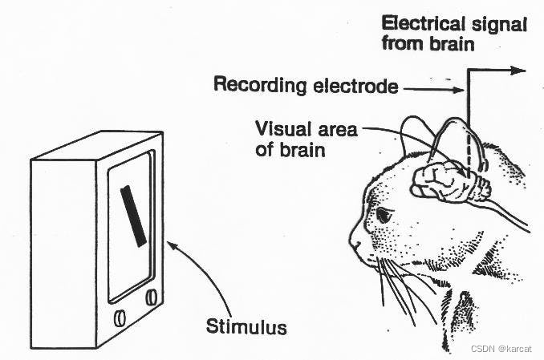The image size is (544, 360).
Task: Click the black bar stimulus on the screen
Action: click(133, 214)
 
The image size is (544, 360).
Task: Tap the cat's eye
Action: click(383, 215)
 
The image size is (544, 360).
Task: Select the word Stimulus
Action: click(246, 327)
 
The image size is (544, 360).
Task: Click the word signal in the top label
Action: click(501, 25)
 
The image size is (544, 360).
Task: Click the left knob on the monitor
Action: click(120, 317)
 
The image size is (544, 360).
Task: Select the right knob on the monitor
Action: click(152, 297)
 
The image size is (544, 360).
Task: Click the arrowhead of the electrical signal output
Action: click(519, 71)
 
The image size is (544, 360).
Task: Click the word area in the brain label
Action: click(335, 128)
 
